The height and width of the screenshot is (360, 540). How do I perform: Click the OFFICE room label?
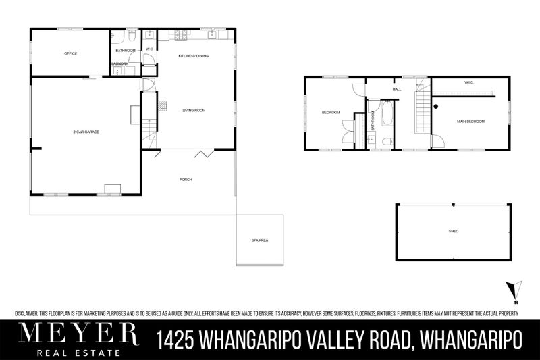[x=70, y=53]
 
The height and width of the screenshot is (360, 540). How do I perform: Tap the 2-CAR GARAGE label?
[x=86, y=132]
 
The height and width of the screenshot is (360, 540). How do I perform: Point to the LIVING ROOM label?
[x=194, y=110]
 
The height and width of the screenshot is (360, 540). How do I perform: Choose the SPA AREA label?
[x=260, y=240]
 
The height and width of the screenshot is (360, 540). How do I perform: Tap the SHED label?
[x=454, y=231]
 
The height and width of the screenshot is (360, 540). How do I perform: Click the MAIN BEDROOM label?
[x=470, y=122]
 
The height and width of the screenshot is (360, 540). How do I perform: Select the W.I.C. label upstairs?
[x=469, y=83]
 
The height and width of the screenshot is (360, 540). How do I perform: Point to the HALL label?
[x=397, y=88]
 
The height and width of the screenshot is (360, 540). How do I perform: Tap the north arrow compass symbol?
[x=514, y=288]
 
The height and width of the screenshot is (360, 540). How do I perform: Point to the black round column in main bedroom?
[x=437, y=106]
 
